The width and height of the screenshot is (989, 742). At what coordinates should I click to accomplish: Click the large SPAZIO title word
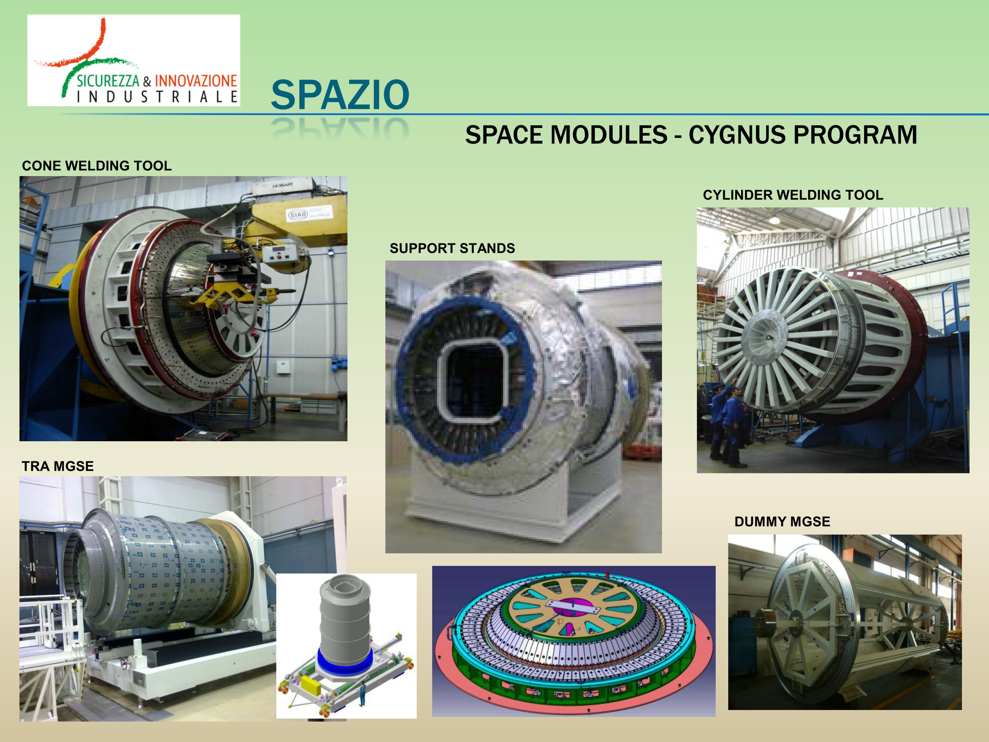[x=340, y=95]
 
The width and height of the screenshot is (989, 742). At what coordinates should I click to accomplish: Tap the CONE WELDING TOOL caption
[x=97, y=166]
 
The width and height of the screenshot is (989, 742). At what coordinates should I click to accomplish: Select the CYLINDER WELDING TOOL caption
[x=793, y=195]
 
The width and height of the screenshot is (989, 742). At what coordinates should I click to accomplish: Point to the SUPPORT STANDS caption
[x=452, y=248]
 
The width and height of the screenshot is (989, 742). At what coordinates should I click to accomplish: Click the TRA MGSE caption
[x=58, y=466]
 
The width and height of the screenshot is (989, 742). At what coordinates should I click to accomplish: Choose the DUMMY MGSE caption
[x=782, y=521]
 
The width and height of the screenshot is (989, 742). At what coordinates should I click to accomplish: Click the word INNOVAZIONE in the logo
[x=195, y=81]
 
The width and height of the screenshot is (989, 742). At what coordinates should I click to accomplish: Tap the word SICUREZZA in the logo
[x=108, y=81]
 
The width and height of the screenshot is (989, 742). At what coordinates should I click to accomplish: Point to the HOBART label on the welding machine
[x=283, y=185]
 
